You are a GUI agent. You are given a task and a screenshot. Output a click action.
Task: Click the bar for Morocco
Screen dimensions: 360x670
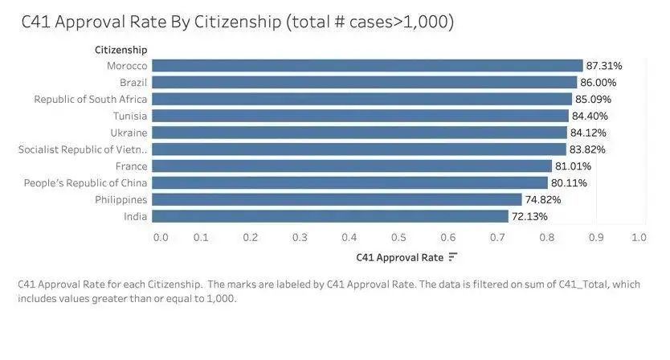[367, 65]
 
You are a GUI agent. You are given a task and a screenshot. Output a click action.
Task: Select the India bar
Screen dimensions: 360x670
[330, 216]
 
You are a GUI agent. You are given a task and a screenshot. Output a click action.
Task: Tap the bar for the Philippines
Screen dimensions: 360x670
[337, 199]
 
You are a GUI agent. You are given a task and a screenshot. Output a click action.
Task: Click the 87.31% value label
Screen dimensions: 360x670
[604, 65]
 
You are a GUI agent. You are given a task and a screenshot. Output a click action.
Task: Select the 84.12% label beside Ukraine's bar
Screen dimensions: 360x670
[588, 133]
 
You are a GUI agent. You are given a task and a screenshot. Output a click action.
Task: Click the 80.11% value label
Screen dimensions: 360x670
[569, 183]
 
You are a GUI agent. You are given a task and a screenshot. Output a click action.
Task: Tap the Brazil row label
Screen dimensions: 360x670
[133, 82]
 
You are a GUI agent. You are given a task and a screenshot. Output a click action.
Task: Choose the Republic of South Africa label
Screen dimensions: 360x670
[91, 99]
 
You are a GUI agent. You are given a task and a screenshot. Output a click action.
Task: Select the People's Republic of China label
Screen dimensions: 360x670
[86, 183]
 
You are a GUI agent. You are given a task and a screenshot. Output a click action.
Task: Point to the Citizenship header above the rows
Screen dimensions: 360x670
[121, 50]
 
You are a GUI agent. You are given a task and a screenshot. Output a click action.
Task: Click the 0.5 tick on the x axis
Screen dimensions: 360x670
[398, 237]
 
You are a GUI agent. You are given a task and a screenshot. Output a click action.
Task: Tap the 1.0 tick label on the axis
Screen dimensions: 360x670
[639, 237]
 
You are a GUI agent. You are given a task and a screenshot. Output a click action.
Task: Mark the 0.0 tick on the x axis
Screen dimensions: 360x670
[161, 237]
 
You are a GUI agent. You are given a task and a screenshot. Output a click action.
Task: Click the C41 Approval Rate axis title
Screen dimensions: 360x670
[399, 257]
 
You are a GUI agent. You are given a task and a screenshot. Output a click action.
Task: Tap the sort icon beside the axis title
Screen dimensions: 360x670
[453, 257]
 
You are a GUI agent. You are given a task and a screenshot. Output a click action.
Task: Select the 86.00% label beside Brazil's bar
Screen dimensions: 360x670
[599, 82]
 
